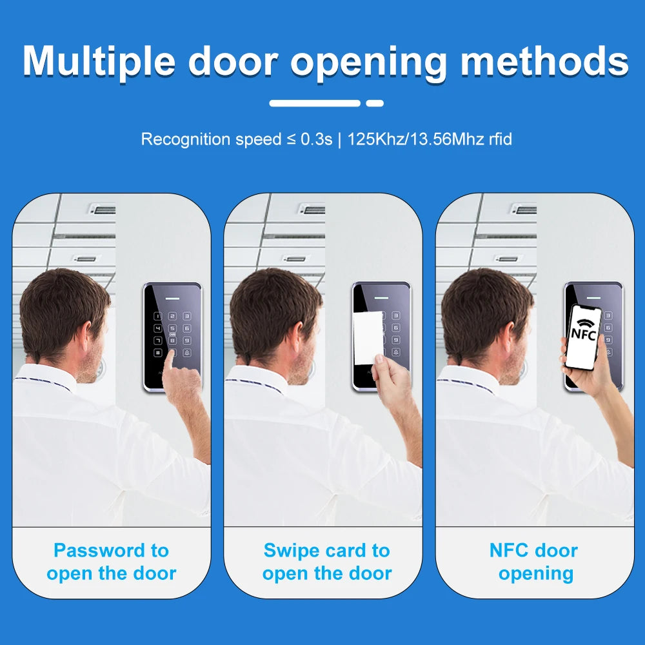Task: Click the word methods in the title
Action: click(544, 63)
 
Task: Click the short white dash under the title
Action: click(375, 103)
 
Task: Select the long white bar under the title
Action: click(315, 103)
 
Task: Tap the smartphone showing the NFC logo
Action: click(584, 337)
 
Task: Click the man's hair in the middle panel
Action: click(271, 303)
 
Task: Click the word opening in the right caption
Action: click(535, 573)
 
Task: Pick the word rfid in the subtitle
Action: click(500, 139)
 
